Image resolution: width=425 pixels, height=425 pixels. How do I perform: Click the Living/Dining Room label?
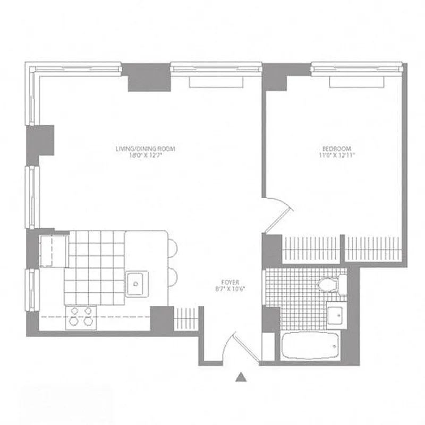(146, 149)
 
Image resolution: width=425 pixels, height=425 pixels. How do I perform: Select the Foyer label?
(231, 282)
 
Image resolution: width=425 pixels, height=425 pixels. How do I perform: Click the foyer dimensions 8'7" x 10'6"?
(231, 289)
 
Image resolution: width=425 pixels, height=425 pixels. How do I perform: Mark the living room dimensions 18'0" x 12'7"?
(146, 156)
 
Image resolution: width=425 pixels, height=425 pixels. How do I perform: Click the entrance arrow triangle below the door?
(241, 377)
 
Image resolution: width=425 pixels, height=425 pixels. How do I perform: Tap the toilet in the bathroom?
(330, 284)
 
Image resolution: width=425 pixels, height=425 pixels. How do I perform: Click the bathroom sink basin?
(336, 316)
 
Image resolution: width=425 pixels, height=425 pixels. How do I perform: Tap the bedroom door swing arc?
(278, 212)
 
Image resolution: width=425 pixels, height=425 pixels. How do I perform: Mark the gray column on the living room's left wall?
(41, 140)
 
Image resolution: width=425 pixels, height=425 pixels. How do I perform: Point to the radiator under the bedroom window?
(356, 82)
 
